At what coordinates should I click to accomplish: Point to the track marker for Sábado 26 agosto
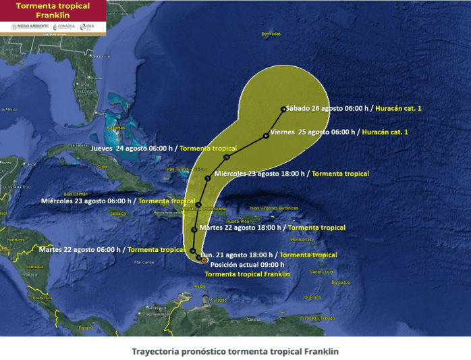[283, 109]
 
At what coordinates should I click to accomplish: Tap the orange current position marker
[204, 259]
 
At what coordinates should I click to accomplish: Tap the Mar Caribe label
[146, 262]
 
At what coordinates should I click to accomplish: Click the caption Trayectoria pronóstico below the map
[235, 351]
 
